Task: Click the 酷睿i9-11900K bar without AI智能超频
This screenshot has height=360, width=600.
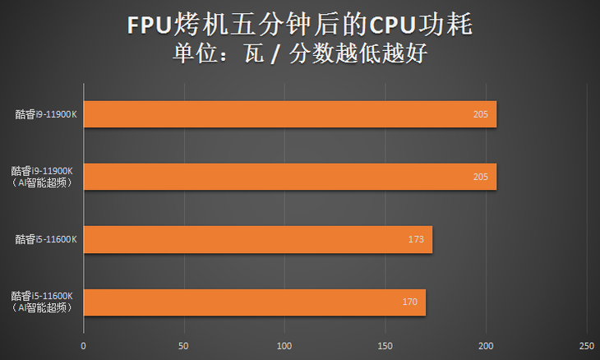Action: point(289,114)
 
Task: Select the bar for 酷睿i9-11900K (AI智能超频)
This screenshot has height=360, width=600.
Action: point(289,177)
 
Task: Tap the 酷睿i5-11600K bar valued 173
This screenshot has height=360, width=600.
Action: point(257,240)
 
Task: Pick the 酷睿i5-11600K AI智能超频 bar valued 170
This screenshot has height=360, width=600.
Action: point(254,302)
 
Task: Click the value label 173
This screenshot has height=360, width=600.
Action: point(416,240)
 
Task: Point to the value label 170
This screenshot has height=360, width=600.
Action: point(410,302)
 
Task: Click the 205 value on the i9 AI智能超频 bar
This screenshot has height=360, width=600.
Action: point(481,177)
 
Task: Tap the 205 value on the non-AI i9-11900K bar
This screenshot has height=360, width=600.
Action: point(481,114)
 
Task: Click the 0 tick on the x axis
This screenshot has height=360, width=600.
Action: point(83,345)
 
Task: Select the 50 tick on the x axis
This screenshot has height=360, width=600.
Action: point(183,345)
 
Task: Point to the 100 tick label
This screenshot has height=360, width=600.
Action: point(284,345)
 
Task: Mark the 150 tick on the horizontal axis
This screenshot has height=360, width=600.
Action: point(385,345)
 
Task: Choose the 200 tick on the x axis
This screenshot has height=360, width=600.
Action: point(486,345)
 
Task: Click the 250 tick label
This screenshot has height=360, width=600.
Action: point(586,345)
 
